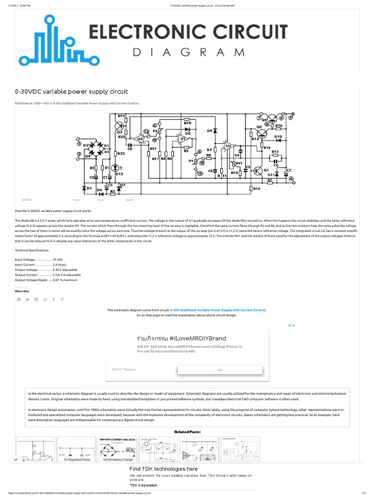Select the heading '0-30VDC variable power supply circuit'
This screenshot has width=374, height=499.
72,91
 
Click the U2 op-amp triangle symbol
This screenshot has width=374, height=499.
228,145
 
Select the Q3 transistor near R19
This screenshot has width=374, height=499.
119,125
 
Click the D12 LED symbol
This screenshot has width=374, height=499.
115,167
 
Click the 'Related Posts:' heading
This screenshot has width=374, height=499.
187,432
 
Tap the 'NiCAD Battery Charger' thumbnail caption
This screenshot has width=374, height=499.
118,459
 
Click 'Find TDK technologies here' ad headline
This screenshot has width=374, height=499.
163,469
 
